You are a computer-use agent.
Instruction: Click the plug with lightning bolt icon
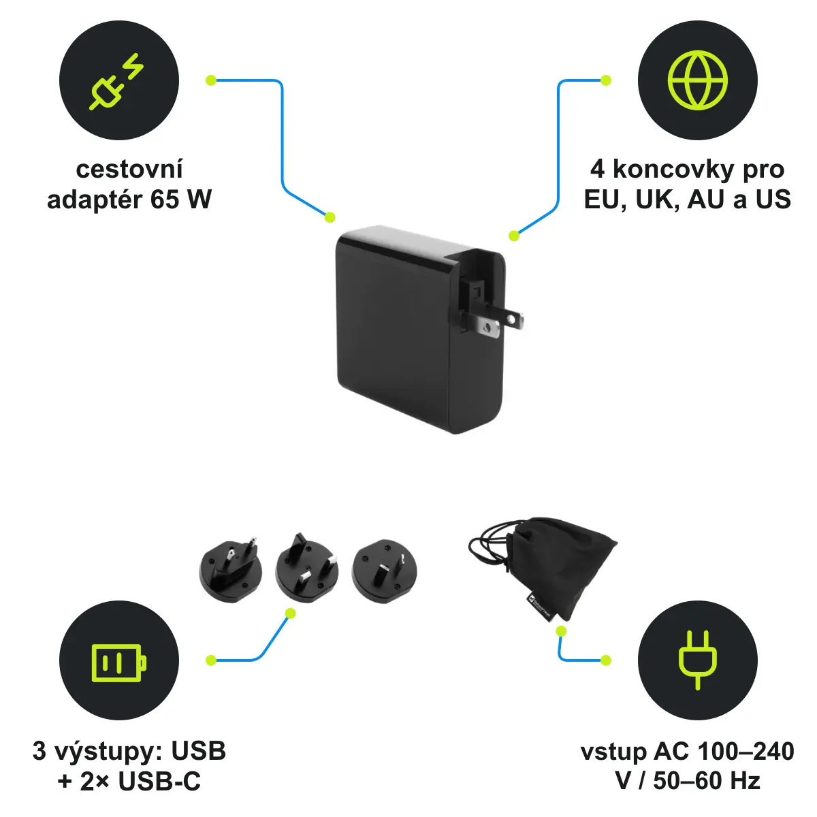coord(116,82)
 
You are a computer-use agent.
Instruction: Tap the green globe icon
coord(697,80)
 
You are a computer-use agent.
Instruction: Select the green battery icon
coord(119,663)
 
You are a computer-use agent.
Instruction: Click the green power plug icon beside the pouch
coord(697,660)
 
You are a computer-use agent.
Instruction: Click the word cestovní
coord(129,170)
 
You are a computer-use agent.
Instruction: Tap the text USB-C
coord(159,781)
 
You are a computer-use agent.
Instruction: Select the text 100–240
coord(746,751)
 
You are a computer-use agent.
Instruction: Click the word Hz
coord(745,781)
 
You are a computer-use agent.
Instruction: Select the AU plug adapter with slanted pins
coord(384,571)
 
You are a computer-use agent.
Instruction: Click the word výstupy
coord(109,752)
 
